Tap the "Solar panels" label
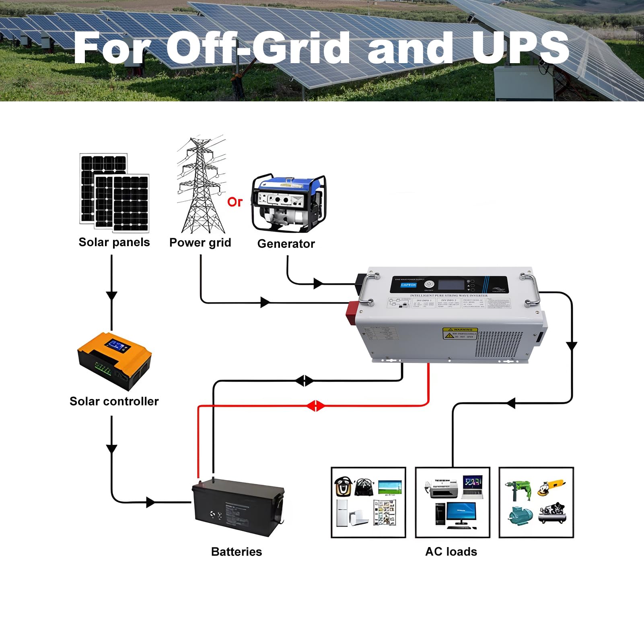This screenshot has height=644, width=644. pyautogui.click(x=114, y=242)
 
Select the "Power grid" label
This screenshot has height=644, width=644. pyautogui.click(x=200, y=243)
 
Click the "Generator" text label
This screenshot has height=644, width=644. pyautogui.click(x=286, y=244)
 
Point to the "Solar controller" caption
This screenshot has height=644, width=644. pyautogui.click(x=114, y=401)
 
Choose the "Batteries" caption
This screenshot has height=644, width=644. pyautogui.click(x=237, y=551)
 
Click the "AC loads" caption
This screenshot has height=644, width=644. pyautogui.click(x=451, y=551)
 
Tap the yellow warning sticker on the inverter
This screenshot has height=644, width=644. pyautogui.click(x=460, y=333)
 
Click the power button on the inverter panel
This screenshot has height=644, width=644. pyautogui.click(x=429, y=284)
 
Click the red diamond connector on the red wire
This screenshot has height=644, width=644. pyautogui.click(x=316, y=406)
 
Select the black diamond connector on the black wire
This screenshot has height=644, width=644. pyautogui.click(x=305, y=381)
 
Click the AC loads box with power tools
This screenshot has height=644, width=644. pyautogui.click(x=536, y=502)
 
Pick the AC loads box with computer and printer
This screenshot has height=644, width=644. pyautogui.click(x=453, y=502)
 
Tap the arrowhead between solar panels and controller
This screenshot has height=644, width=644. pyautogui.click(x=111, y=296)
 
